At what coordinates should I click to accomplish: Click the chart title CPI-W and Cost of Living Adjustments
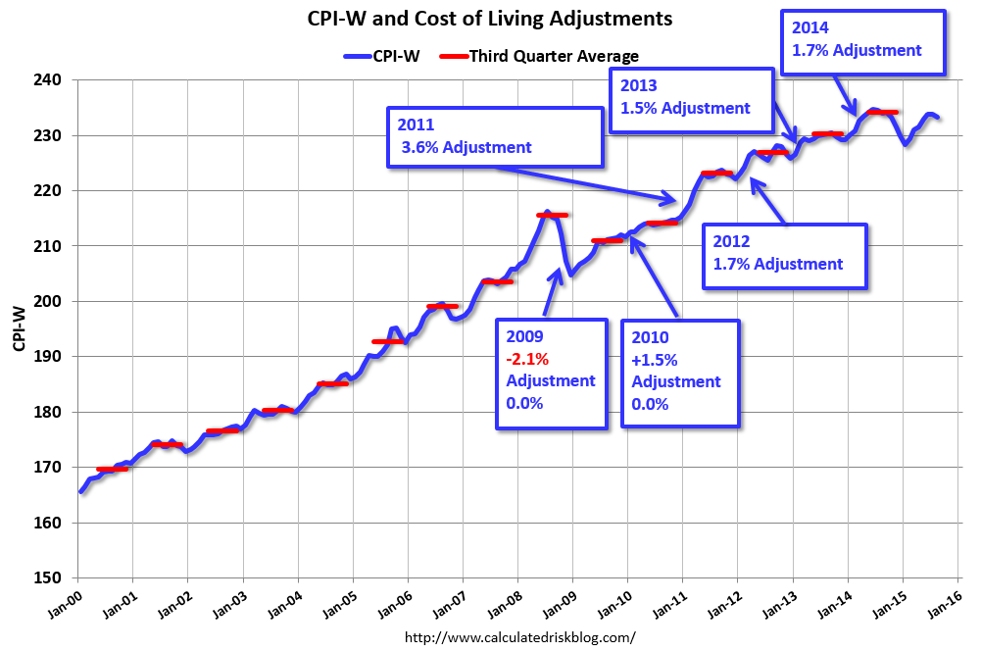(490, 19)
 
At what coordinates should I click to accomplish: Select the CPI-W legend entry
(382, 56)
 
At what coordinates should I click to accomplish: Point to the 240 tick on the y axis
(50, 80)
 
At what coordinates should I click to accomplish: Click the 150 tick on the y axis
(50, 577)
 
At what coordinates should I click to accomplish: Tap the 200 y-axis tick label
(50, 301)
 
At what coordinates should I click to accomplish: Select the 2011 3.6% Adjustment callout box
(493, 136)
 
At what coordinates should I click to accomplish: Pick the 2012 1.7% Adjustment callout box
(785, 255)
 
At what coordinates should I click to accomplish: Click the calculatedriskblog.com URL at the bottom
(519, 637)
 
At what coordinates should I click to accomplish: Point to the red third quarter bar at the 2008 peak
(553, 215)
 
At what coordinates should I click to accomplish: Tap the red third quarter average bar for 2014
(883, 113)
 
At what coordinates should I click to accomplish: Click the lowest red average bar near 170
(112, 469)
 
